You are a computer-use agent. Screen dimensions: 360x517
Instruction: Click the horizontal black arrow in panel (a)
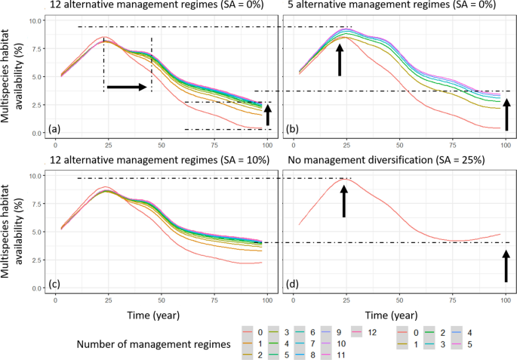(x=128, y=88)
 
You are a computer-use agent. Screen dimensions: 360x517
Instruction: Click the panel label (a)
(x=54, y=129)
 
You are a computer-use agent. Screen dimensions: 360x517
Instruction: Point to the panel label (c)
(x=54, y=284)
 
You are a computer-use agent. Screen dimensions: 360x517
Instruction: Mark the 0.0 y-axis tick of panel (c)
(x=35, y=288)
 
